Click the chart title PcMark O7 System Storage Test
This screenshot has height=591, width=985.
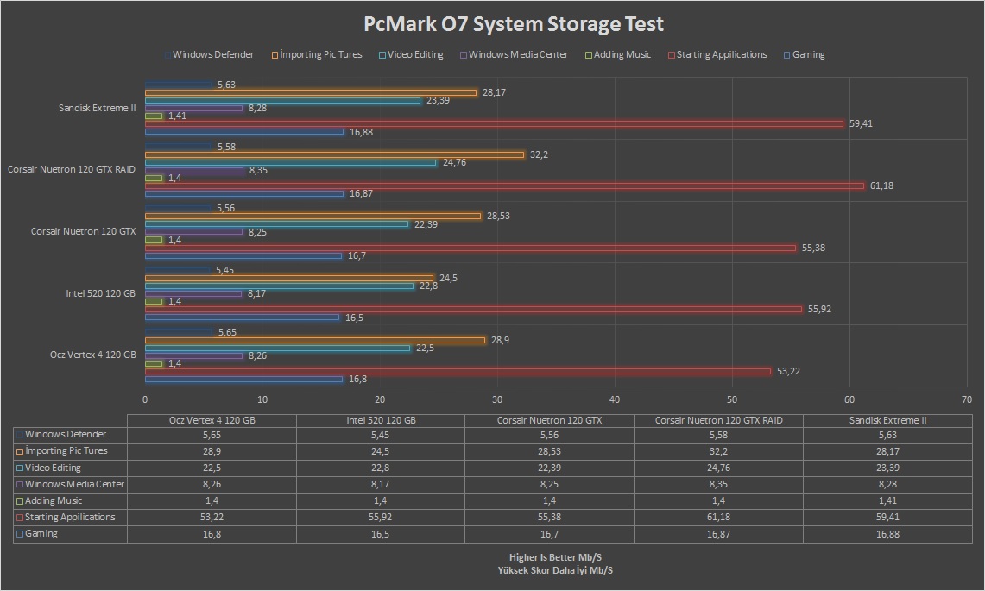(514, 23)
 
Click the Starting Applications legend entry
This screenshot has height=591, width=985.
(721, 54)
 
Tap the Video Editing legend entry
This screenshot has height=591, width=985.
(414, 54)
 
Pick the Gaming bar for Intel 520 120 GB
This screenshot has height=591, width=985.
(242, 318)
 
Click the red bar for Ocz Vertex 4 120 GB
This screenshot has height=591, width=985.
(458, 371)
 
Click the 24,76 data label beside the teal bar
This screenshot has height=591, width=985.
(454, 162)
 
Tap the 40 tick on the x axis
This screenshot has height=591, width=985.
(615, 399)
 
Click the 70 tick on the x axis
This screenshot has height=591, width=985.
(967, 399)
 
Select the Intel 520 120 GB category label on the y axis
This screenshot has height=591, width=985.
(100, 293)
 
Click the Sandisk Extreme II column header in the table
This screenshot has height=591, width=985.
(887, 420)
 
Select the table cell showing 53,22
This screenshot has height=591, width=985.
(212, 518)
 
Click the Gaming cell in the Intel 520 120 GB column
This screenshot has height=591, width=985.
(380, 534)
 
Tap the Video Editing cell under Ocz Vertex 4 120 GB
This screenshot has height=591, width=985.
(212, 468)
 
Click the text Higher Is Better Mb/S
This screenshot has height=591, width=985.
(556, 557)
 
